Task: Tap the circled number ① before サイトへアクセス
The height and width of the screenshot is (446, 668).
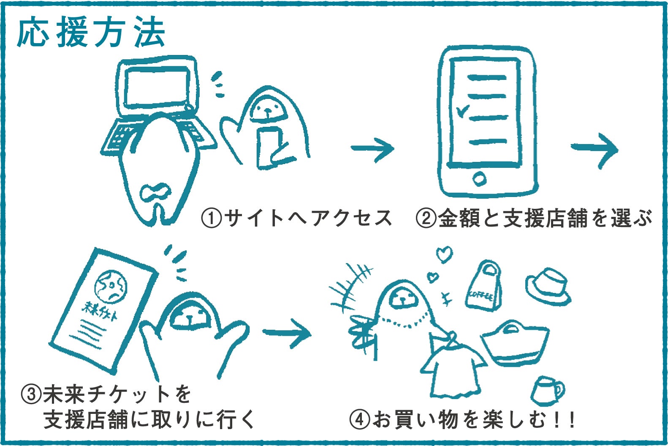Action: pos(211,219)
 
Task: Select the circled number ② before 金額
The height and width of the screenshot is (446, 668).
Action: pos(426,219)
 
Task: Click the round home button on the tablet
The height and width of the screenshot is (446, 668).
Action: pos(479,179)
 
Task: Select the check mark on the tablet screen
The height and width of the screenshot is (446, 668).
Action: pos(463,111)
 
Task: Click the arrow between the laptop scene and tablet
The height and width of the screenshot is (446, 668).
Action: pos(372,149)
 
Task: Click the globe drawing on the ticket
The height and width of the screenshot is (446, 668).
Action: pos(111,286)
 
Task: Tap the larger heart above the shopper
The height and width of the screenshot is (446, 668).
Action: pos(444,255)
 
